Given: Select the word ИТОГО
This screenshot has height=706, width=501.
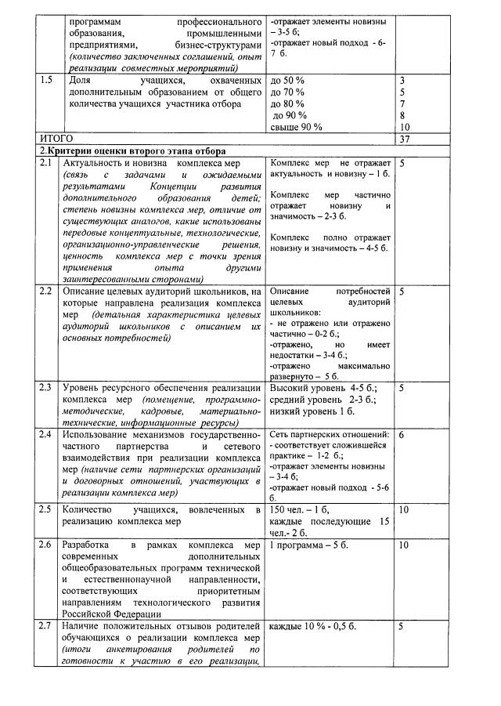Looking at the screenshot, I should (x=56, y=138).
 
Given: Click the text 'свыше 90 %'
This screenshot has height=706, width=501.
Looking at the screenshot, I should (x=295, y=126).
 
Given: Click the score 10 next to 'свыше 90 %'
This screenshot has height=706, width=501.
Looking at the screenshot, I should (x=405, y=126).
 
